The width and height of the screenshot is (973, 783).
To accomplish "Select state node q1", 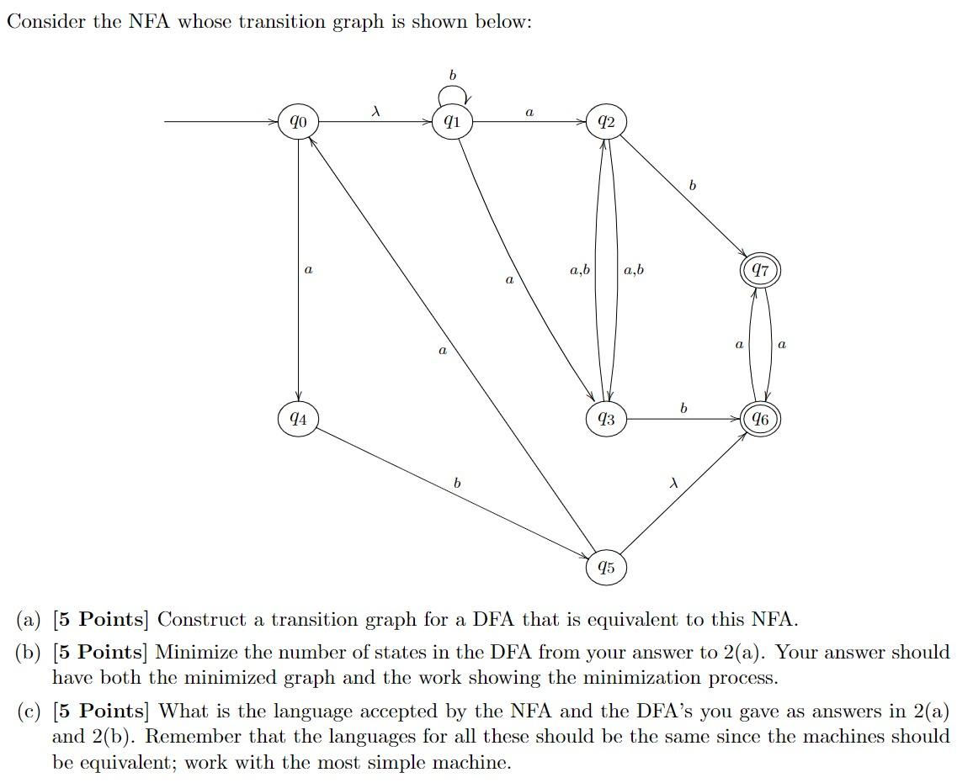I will click(452, 122).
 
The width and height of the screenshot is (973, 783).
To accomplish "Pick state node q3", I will click(605, 418).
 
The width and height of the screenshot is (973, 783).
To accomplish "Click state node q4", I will click(298, 418).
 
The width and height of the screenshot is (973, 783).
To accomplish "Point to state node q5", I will click(605, 567).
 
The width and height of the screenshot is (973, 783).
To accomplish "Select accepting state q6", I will click(759, 418).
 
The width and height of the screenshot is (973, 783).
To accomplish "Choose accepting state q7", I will click(760, 271).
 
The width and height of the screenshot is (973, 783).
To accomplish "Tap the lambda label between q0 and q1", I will click(375, 110).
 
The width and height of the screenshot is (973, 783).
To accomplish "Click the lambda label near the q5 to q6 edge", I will click(673, 483).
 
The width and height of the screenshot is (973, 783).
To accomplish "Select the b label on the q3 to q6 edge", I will click(683, 408).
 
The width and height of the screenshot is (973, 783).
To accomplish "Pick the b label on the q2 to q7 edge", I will click(692, 184).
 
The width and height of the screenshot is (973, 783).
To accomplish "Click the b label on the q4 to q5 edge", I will click(457, 483).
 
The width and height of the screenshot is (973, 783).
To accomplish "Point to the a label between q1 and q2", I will click(529, 111).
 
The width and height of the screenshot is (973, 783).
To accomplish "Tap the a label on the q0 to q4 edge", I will click(308, 270).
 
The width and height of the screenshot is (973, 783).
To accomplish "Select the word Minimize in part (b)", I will click(192, 652).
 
